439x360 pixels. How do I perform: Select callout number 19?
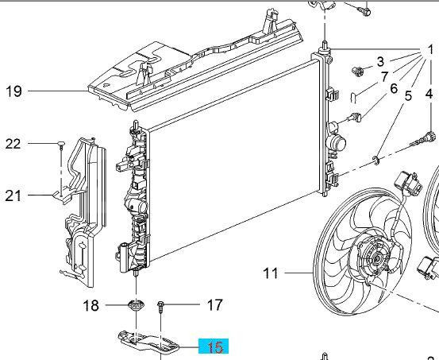click(x=13, y=91)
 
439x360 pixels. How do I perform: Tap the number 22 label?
click(x=13, y=144)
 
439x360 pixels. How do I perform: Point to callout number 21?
click(x=13, y=196)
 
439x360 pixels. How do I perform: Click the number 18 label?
click(x=91, y=305)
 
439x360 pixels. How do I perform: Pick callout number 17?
click(x=215, y=304)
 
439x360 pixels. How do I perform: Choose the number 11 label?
click(x=271, y=273)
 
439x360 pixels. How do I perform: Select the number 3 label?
click(x=380, y=62)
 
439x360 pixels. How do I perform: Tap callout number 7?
click(x=385, y=77)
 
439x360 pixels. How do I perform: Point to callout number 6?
click(x=394, y=88)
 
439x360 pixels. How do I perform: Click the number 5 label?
click(x=408, y=95)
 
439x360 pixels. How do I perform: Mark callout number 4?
click(x=429, y=94)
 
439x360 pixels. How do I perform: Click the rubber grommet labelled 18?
click(x=136, y=305)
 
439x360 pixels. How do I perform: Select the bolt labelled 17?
click(x=160, y=307)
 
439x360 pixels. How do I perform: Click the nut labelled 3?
click(x=357, y=72)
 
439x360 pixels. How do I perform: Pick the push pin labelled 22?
click(x=61, y=144)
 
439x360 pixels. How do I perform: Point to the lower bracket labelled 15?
click(x=148, y=341)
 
